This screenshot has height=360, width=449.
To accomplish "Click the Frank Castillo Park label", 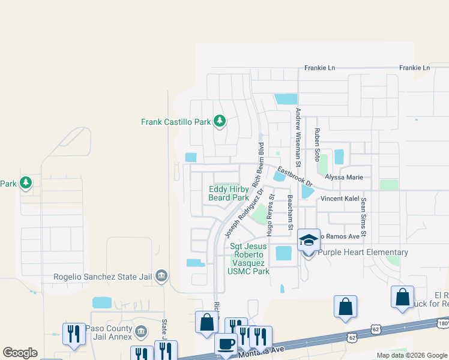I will point(176,122).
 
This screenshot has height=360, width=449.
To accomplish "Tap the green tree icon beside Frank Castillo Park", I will point(220,122).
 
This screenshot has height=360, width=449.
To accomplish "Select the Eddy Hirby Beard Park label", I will point(229,193).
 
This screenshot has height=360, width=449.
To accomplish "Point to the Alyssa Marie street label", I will point(344,178).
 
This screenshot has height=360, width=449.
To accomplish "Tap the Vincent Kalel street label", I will point(339,199).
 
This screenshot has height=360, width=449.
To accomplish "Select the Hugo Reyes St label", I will point(271,206).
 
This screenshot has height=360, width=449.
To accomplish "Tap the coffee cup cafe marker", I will point(226,344).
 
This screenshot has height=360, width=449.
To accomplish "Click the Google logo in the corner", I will point(20,353).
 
